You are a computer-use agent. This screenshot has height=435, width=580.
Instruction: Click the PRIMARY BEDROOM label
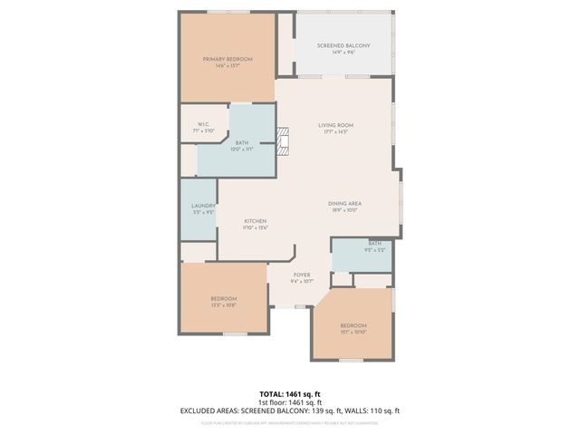pyautogui.click(x=227, y=59)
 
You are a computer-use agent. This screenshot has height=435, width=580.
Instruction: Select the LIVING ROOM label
pyautogui.click(x=335, y=125)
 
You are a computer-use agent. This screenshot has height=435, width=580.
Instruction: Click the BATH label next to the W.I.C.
pyautogui.click(x=242, y=142)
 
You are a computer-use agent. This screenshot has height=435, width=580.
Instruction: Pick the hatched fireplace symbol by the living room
pyautogui.click(x=284, y=140)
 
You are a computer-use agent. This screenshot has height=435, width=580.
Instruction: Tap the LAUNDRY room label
pyautogui.click(x=202, y=207)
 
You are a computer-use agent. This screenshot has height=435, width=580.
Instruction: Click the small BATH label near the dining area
pyautogui.click(x=362, y=243)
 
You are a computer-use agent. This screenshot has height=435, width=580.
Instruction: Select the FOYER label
pyautogui.click(x=302, y=275)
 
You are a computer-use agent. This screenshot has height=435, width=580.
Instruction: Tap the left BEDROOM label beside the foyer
pyautogui.click(x=224, y=298)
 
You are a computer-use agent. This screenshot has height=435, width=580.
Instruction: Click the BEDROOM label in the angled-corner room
pyautogui.click(x=353, y=325)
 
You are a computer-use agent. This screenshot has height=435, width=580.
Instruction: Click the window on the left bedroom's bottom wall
pyautogui.click(x=234, y=334)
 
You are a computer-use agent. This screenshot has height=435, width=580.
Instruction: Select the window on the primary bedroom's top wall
pyautogui.click(x=227, y=12)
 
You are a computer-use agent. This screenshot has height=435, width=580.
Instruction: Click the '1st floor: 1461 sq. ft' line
pyautogui.click(x=289, y=401)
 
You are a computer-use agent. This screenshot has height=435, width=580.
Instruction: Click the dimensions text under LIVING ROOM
pyautogui.click(x=335, y=132)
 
